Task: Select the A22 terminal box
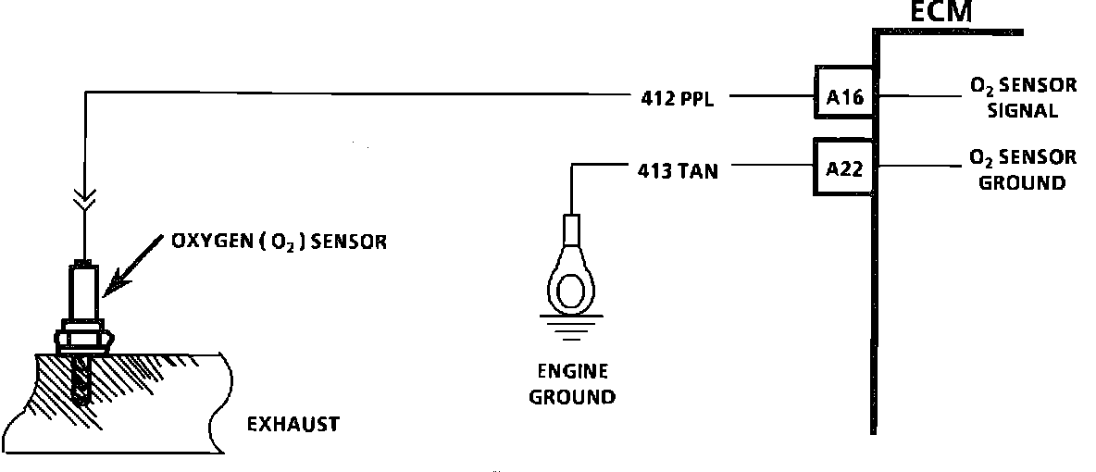(x=844, y=168)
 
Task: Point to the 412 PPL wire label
(x=678, y=95)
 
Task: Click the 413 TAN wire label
(x=678, y=170)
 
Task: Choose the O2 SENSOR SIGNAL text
(x=1023, y=97)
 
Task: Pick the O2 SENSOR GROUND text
(x=1023, y=169)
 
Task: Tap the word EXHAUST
(x=293, y=425)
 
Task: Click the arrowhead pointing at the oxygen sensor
(x=109, y=288)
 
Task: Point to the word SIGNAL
(x=1023, y=110)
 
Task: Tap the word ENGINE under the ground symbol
(x=574, y=372)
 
